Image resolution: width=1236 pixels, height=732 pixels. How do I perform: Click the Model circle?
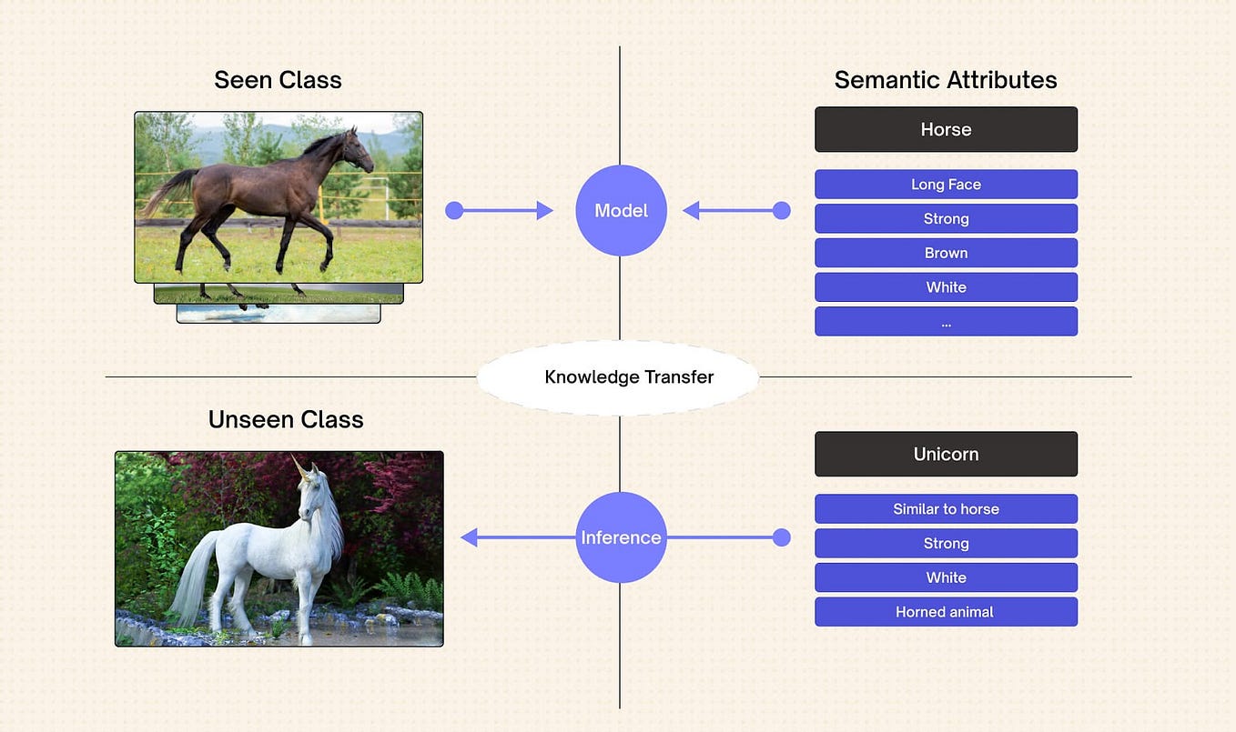pyautogui.click(x=621, y=210)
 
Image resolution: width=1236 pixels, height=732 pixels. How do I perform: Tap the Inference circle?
pyautogui.click(x=621, y=537)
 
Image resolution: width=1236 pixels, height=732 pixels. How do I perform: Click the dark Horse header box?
pyautogui.click(x=946, y=129)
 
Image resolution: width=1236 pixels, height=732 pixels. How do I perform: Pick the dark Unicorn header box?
pyautogui.click(x=946, y=454)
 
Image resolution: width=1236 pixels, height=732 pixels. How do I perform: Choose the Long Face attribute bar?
pyautogui.click(x=946, y=185)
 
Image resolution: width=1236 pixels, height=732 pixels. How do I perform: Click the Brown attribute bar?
pyautogui.click(x=946, y=253)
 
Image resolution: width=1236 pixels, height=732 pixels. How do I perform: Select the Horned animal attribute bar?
pyautogui.click(x=946, y=612)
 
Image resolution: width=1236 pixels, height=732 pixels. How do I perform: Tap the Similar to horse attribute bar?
pyautogui.click(x=946, y=509)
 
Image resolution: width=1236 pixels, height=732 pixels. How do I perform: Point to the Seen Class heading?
pyautogui.click(x=278, y=80)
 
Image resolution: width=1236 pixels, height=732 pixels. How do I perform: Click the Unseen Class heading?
pyautogui.click(x=286, y=419)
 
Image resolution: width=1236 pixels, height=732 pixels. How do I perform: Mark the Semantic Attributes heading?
pyautogui.click(x=946, y=80)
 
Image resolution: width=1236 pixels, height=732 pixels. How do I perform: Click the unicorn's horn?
pyautogui.click(x=299, y=467)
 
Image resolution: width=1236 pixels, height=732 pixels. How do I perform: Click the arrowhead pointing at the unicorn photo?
pyautogui.click(x=470, y=537)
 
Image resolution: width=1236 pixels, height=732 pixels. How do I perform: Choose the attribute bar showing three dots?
pyautogui.click(x=946, y=322)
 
